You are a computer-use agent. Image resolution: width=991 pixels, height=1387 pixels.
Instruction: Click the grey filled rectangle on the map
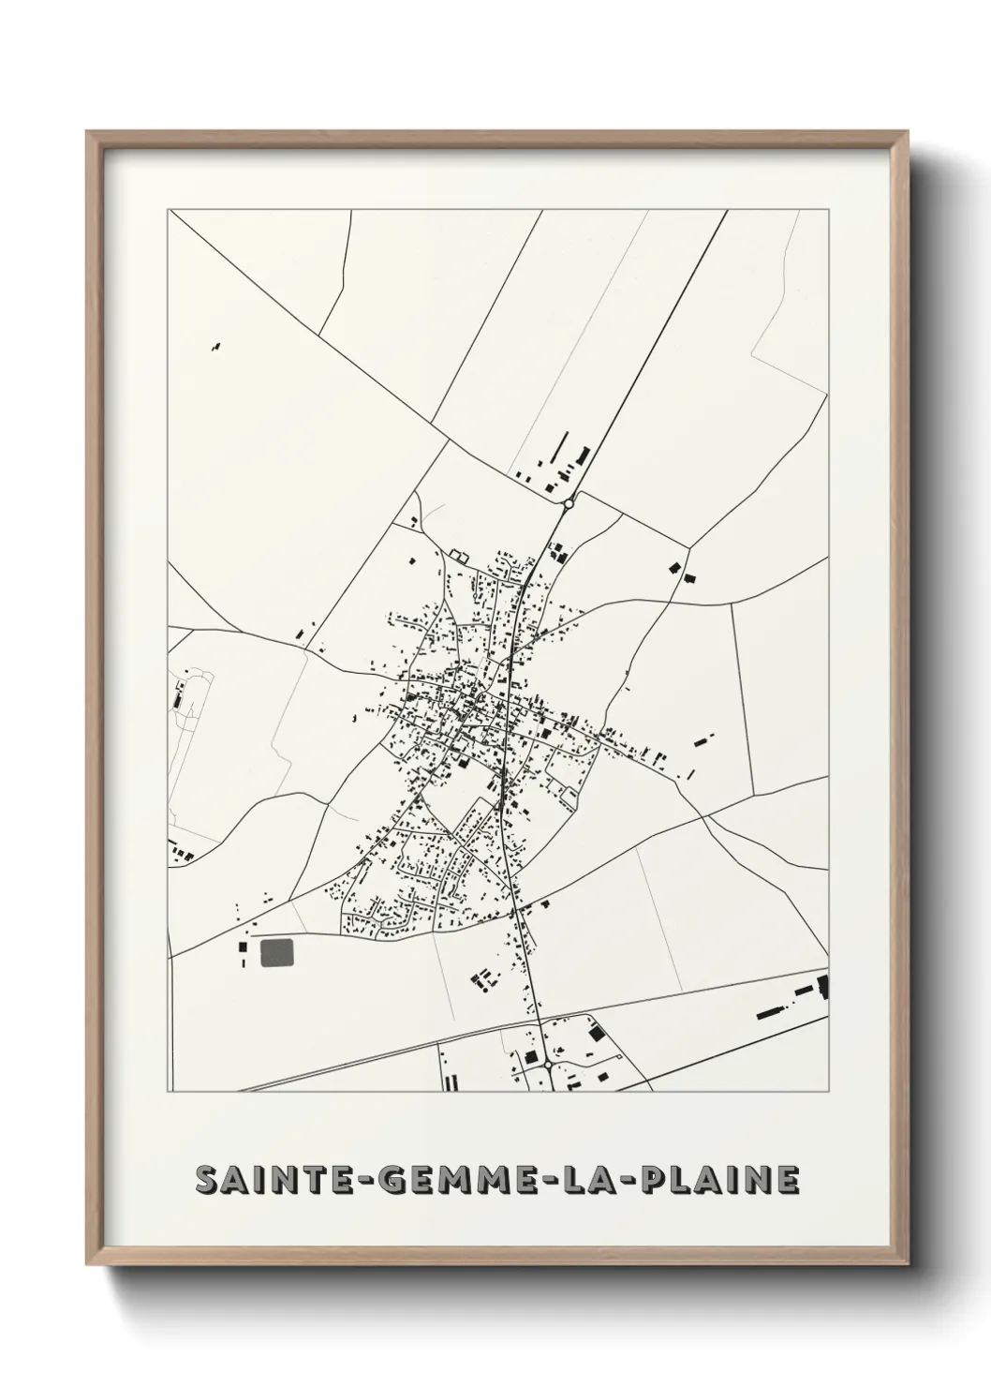pos(276,952)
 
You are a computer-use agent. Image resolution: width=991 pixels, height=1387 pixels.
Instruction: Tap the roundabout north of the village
pos(568,504)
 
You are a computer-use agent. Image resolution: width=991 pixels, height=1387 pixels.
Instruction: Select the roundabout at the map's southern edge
pos(547,1065)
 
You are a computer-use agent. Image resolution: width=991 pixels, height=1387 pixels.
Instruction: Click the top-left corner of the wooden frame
pos(87,132)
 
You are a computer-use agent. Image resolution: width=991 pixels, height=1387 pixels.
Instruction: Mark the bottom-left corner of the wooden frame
pos(87,1263)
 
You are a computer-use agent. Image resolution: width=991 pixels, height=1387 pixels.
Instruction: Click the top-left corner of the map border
pos(169,211)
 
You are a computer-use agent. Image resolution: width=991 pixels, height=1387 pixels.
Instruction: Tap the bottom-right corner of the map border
pos(829,1092)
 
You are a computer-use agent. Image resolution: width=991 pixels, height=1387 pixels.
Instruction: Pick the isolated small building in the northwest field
pos(217,347)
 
